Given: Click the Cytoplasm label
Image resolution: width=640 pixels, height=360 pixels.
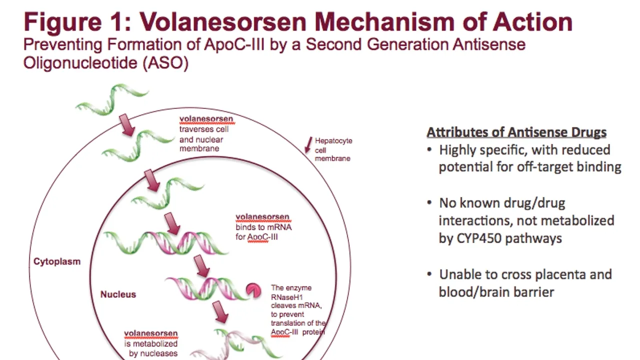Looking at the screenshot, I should coord(57,261).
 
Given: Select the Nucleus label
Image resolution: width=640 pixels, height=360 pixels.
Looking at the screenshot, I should coord(118,294).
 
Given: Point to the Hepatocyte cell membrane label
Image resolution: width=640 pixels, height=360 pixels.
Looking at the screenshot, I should coord(333,149).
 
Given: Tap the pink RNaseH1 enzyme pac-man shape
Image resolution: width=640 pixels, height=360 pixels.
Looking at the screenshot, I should coord(253,291).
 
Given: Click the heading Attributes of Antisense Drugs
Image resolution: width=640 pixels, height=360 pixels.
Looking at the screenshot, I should coord(516,132).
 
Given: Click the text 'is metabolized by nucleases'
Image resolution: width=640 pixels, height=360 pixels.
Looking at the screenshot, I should coord(151,348).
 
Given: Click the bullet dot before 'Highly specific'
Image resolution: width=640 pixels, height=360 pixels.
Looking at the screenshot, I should coord(429,149).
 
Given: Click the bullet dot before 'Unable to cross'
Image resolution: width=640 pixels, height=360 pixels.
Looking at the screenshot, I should coord(429,274).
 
